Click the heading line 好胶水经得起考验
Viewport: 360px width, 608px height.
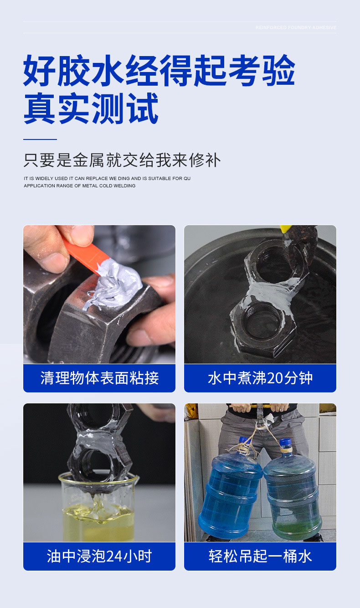pos(159,70)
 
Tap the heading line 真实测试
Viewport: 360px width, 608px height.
pos(91,108)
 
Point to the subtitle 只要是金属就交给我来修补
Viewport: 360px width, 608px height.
pos(122,160)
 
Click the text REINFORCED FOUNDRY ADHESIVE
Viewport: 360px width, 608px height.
pos(296,27)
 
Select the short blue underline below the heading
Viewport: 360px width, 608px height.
pos(40,139)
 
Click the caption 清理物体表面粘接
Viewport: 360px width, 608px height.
pos(99,378)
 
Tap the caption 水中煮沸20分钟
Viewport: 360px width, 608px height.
pos(260,378)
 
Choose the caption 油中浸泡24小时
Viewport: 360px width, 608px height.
pos(99,556)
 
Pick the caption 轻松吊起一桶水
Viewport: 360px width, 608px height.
pos(260,556)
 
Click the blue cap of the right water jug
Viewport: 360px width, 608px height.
pos(285,443)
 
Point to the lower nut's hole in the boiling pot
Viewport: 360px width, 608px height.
pos(262,321)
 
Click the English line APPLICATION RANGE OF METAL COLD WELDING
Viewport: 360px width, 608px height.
pos(80,185)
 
